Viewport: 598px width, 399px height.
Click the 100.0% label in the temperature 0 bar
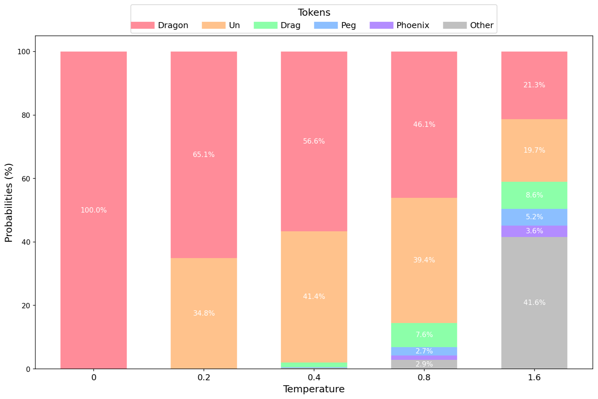(94, 210)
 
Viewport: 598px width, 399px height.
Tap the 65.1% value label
(204, 155)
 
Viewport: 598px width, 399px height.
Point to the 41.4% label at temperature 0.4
(314, 297)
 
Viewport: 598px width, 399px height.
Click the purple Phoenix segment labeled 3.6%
(534, 231)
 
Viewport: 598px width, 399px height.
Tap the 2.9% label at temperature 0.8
(424, 364)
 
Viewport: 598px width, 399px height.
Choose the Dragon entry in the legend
(173, 25)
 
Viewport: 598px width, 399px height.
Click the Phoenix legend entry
(412, 25)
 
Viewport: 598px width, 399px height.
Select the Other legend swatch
(455, 25)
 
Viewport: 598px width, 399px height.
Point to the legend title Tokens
(314, 13)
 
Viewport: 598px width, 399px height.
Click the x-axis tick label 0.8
(424, 378)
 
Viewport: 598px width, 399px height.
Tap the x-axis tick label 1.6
(534, 378)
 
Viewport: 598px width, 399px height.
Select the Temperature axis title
(314, 389)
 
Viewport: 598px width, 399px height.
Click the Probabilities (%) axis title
(9, 203)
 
